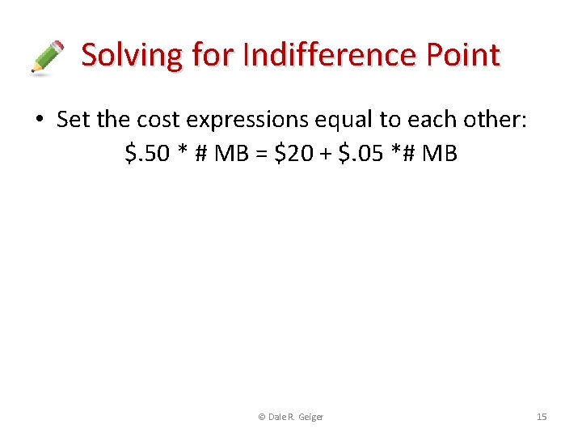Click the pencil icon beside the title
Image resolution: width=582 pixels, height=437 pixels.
(47, 57)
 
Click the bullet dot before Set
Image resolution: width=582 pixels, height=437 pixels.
(39, 121)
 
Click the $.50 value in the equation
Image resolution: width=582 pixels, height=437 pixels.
(148, 152)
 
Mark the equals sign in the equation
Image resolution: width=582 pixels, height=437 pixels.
(261, 152)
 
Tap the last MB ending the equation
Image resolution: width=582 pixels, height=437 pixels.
(440, 152)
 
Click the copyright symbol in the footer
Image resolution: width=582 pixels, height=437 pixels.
(261, 417)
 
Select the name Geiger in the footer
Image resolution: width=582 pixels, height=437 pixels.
(310, 417)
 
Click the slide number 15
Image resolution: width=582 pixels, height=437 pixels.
(542, 417)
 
